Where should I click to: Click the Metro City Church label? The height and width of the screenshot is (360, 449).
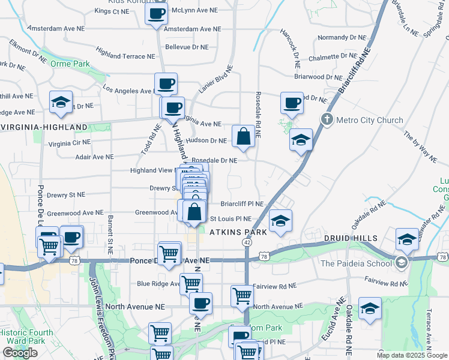369,120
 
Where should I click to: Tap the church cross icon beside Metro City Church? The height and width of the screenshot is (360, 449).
327,119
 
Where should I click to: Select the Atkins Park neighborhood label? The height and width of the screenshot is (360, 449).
234,231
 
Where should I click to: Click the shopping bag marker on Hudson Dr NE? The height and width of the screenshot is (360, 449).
244,137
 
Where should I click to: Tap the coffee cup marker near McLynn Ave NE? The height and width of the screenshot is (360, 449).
156,13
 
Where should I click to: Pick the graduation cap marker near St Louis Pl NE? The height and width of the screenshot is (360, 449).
280,221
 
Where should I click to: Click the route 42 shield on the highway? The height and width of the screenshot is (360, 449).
247,242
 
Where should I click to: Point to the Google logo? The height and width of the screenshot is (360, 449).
20,353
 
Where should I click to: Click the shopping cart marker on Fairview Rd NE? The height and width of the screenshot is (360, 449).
241,295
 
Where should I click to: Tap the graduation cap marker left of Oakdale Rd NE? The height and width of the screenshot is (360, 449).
370,308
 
